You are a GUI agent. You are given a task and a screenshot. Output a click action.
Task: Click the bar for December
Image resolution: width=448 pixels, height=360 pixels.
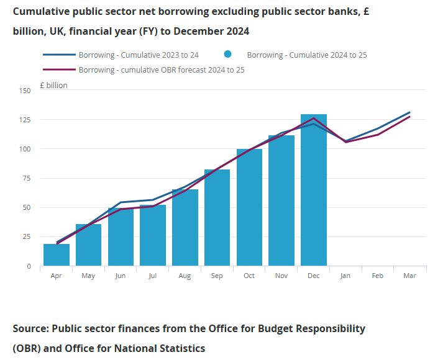[314, 190]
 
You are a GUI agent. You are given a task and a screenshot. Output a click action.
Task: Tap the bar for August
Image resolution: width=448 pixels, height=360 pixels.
[185, 228]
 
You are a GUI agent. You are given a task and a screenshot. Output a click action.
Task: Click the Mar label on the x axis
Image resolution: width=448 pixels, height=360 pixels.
[410, 276]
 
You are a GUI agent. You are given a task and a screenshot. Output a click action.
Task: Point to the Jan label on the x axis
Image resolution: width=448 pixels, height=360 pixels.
[345, 276]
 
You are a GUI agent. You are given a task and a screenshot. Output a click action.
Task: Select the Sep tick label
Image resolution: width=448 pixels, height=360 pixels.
[217, 276]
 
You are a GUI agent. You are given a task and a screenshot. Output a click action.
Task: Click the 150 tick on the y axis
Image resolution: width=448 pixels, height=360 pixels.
[24, 91]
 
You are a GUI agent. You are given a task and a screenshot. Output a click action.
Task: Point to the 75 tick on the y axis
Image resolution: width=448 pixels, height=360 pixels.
[26, 178]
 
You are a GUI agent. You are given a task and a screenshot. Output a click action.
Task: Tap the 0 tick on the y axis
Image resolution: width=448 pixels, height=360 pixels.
[28, 266]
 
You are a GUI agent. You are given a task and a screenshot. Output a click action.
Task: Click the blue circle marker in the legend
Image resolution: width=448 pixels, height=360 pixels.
[228, 55]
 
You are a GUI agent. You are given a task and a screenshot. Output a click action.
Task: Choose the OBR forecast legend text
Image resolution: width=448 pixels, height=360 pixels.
[162, 70]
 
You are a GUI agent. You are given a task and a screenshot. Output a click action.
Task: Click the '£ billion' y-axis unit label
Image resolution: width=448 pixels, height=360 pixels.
[53, 85]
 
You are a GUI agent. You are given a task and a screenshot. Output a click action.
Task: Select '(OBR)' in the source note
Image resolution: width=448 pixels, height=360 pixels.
[27, 348]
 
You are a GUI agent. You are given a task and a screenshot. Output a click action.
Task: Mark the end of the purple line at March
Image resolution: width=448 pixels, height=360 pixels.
[410, 117]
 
